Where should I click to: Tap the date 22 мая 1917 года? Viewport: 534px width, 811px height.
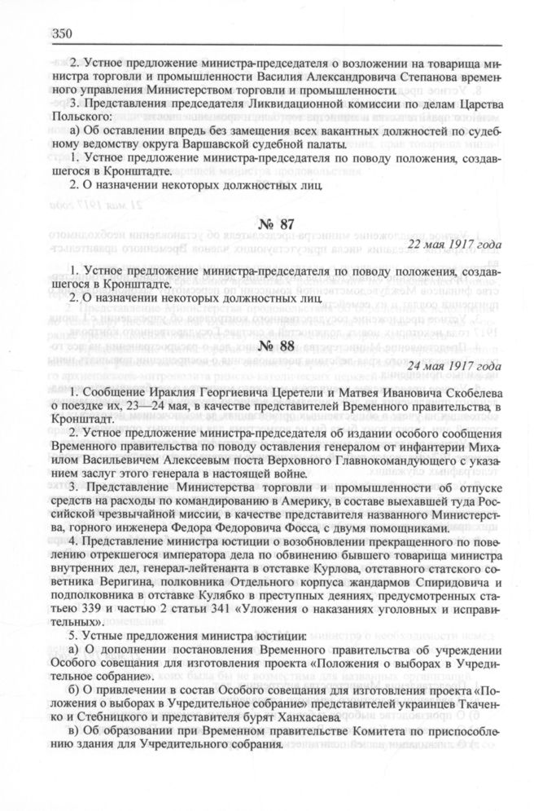(462, 245)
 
